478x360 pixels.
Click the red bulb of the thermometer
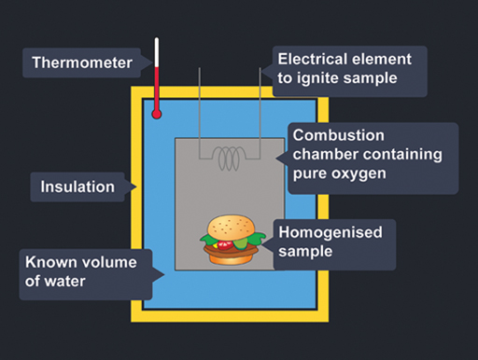157,115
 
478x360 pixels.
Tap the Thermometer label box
82,63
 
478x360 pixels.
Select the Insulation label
77,187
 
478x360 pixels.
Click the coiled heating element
229,159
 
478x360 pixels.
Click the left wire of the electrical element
201,103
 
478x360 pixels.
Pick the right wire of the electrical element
257,103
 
